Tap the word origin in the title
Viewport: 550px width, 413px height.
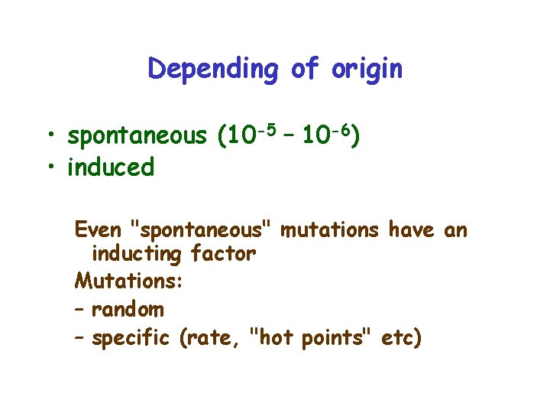(x=367, y=70)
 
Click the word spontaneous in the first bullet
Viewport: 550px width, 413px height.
(x=137, y=137)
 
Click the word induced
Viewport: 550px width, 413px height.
(x=111, y=167)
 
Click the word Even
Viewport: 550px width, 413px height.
(x=98, y=229)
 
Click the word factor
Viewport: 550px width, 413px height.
(x=222, y=255)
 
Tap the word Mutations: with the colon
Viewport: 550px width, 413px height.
(x=128, y=281)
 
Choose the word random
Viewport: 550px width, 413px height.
(x=128, y=310)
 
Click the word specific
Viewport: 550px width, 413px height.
(x=130, y=337)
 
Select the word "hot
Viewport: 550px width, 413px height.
(x=273, y=337)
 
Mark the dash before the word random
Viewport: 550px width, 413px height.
(x=80, y=310)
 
